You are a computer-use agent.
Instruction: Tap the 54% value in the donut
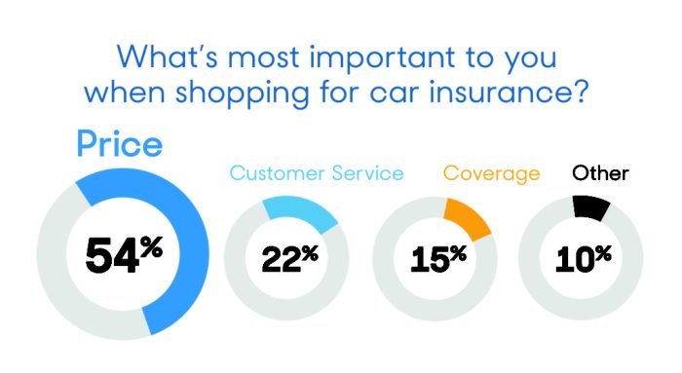(x=124, y=255)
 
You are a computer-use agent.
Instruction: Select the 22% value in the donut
(x=289, y=257)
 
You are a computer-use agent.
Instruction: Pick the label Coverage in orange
(x=491, y=174)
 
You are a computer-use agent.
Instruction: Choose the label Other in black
(x=600, y=174)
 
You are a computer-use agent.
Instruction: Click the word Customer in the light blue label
(x=281, y=174)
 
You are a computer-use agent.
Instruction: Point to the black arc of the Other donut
(x=592, y=205)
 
